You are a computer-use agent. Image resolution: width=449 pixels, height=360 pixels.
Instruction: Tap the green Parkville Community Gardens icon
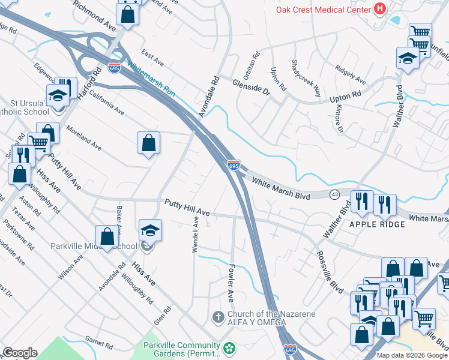(x=229, y=348)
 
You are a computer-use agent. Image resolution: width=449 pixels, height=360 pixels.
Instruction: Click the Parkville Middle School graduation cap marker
(x=150, y=230)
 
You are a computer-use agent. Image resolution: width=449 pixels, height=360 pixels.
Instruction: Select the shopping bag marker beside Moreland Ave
(x=148, y=143)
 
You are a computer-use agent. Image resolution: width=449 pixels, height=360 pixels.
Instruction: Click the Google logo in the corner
(x=20, y=353)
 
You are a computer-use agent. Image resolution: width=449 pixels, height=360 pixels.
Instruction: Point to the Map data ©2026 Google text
(x=411, y=355)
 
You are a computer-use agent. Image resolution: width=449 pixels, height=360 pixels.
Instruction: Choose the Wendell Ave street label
(x=195, y=235)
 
